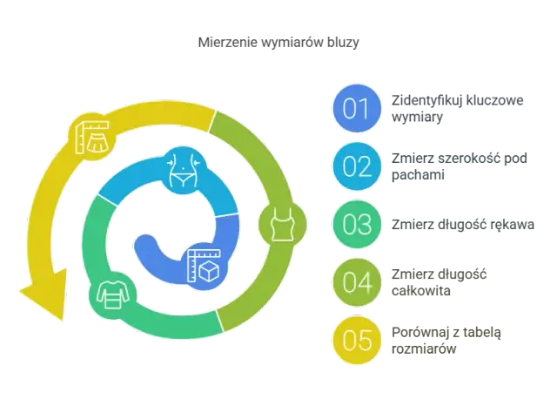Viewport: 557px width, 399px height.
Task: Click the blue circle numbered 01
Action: (x=357, y=109)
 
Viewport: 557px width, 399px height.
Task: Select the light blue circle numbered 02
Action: (x=357, y=166)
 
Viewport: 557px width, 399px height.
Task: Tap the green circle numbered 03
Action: (x=357, y=224)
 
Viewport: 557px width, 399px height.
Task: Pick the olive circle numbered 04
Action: (x=357, y=281)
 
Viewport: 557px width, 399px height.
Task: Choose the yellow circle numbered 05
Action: (x=357, y=339)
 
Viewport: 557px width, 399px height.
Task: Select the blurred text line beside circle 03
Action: (x=462, y=224)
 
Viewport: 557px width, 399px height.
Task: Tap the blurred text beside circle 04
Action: (x=440, y=281)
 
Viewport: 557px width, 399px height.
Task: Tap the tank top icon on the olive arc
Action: (x=280, y=226)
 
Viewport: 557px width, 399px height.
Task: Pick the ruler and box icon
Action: (x=205, y=264)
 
